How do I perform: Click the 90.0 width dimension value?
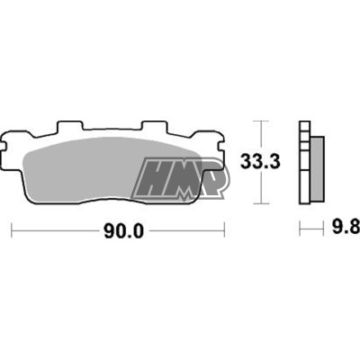124,231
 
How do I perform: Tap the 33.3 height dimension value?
260,162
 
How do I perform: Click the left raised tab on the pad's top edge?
70,126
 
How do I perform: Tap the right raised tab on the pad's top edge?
154,126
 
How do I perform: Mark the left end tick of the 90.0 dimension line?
11,230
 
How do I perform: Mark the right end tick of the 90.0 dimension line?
224,230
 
